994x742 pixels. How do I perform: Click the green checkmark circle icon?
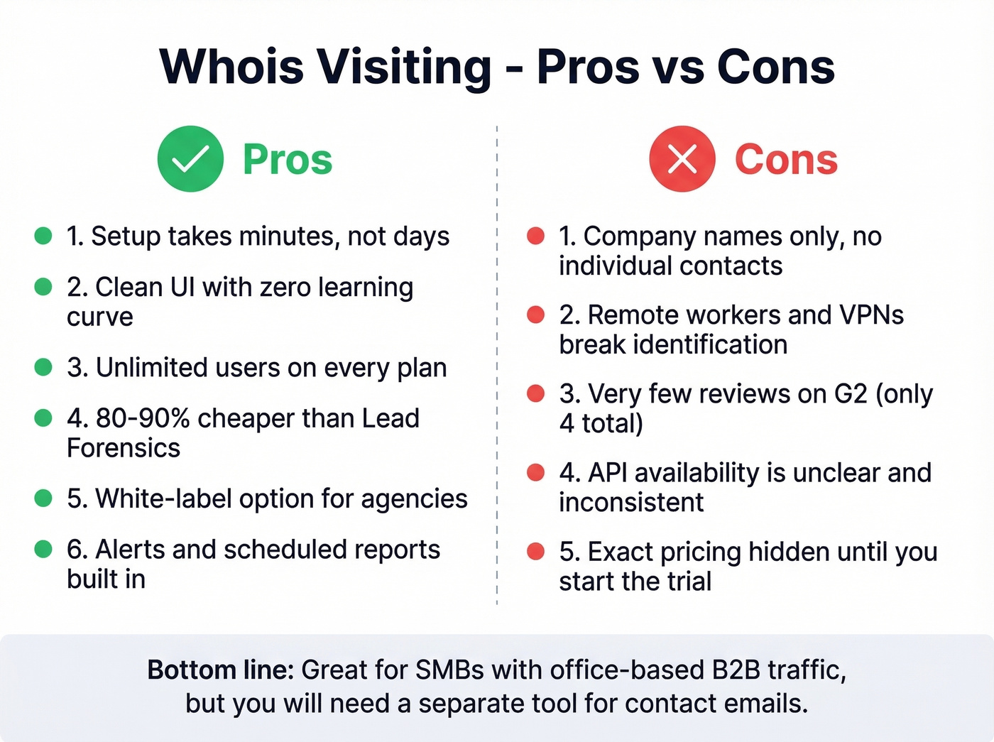click(190, 159)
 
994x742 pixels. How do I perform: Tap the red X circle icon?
click(682, 159)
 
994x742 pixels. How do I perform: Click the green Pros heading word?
click(288, 159)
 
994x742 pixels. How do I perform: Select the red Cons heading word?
click(786, 159)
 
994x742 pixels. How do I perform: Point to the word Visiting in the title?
click(403, 67)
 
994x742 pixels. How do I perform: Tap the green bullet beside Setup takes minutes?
click(43, 236)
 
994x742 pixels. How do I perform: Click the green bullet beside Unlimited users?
click(43, 367)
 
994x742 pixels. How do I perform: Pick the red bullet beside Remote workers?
click(535, 315)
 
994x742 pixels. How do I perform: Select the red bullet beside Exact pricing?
click(535, 552)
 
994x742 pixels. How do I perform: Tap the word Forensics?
click(124, 449)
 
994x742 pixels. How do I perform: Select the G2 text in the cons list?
click(851, 393)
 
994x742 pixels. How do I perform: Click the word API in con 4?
click(608, 473)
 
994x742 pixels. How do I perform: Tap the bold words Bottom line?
click(220, 670)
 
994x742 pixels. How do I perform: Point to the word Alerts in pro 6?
click(129, 550)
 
